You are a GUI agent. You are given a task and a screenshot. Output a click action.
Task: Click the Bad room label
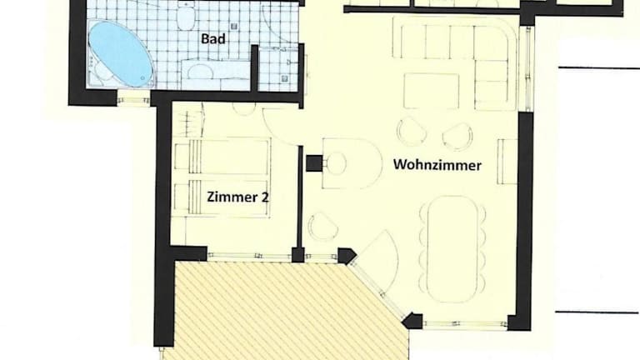pyautogui.click(x=213, y=39)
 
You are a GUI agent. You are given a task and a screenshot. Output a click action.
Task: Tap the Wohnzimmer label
pyautogui.click(x=437, y=165)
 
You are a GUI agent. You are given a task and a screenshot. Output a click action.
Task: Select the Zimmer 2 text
pyautogui.click(x=237, y=197)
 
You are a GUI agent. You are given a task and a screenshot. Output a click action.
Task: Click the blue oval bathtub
pyautogui.click(x=120, y=53)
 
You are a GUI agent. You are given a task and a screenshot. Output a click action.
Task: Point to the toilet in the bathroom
pyautogui.click(x=186, y=17)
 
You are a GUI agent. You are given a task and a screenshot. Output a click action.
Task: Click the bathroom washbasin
pyautogui.click(x=200, y=72)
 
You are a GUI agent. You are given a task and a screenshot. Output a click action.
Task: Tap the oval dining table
pyautogui.click(x=453, y=249)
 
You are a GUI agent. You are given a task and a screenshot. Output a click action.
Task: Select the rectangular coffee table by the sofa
pyautogui.click(x=432, y=91)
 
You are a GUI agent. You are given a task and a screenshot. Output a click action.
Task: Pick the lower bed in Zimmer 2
pyautogui.click(x=222, y=198)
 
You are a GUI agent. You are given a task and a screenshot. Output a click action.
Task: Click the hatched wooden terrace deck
pyautogui.click(x=286, y=311)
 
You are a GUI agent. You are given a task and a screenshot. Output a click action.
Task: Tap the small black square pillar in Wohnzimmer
pyautogui.click(x=314, y=163)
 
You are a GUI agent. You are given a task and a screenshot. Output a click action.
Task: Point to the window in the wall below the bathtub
pyautogui.click(x=134, y=99)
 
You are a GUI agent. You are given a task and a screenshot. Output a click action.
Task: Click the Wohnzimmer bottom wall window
pyautogui.click(x=465, y=324)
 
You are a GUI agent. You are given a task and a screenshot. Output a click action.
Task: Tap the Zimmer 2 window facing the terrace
pyautogui.click(x=249, y=256)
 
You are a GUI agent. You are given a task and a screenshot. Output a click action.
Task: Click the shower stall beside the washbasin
pyautogui.click(x=279, y=69)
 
